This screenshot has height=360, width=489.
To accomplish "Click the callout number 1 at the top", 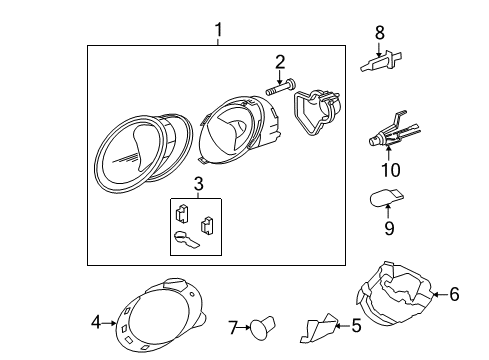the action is [x=218, y=30].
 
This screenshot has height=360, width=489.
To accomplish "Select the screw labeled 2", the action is [x=281, y=87].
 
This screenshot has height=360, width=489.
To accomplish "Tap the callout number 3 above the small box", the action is [x=198, y=184].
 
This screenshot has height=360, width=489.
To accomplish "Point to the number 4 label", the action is [x=96, y=322].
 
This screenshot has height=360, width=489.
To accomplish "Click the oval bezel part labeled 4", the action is [x=160, y=315].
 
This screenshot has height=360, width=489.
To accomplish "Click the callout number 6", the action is [x=454, y=294].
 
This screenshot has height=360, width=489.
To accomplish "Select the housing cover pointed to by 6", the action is [x=394, y=294].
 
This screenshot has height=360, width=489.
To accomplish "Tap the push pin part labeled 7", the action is [x=263, y=328].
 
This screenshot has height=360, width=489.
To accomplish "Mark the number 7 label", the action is [x=233, y=327].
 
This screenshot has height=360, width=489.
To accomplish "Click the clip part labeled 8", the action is [x=381, y=61].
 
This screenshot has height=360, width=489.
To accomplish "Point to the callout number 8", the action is [x=380, y=33].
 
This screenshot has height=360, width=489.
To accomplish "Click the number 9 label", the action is [x=389, y=228].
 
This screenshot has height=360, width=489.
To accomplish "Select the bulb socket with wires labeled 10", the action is [x=393, y=130].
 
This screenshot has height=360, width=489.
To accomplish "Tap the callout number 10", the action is [x=391, y=170].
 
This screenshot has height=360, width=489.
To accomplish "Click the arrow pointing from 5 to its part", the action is [x=343, y=326].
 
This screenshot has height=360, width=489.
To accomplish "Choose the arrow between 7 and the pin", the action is [x=244, y=327].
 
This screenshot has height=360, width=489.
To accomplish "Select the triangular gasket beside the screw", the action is [x=316, y=112].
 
